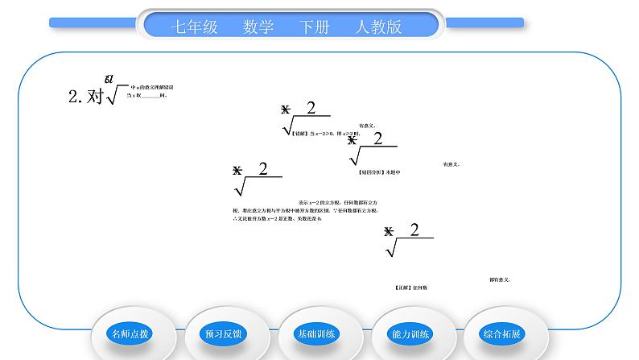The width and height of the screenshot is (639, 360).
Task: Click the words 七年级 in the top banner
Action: pos(195,27)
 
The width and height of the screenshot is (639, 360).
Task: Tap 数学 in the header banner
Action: pos(258,27)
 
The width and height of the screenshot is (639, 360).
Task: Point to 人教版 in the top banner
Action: pos(378,27)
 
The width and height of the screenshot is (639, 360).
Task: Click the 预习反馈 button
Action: pos(225,333)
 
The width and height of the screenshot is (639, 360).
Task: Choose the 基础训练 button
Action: pos(318,333)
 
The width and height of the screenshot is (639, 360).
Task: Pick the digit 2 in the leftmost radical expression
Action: pos(262,168)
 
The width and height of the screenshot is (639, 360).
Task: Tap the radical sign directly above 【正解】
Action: pos(393,249)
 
